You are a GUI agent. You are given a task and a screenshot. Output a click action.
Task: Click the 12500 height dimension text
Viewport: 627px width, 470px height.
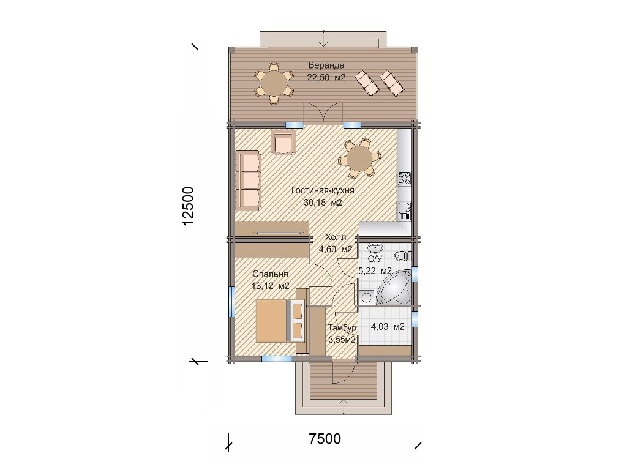pyautogui.click(x=187, y=206)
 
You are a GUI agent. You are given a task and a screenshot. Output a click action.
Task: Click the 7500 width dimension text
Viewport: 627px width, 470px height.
pyautogui.click(x=325, y=438)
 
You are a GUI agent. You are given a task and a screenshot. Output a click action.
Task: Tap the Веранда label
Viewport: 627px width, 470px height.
pyautogui.click(x=326, y=65)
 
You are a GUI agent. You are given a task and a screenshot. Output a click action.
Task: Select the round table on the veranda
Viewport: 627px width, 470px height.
pyautogui.click(x=274, y=83)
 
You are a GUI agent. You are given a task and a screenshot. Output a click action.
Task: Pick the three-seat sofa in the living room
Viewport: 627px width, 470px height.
pyautogui.click(x=248, y=180)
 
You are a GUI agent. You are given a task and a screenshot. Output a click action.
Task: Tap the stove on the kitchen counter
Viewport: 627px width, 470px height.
pyautogui.click(x=404, y=178)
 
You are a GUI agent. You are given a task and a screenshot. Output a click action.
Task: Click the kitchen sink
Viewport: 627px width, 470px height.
pyautogui.click(x=404, y=211)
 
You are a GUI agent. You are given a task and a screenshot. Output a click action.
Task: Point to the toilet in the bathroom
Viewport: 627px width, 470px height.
pyautogui.click(x=404, y=255)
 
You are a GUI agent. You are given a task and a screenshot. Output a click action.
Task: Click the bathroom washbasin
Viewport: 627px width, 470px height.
pyautogui.click(x=375, y=248)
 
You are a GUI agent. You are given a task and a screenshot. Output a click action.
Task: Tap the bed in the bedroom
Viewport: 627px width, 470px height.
pyautogui.click(x=279, y=321)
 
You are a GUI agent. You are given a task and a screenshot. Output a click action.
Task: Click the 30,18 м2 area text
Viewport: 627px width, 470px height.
pyautogui.click(x=323, y=203)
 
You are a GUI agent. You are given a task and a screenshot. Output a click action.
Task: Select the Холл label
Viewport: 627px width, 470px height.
pyautogui.click(x=335, y=237)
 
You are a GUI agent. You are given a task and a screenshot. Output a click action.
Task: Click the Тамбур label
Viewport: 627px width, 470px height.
pyautogui.click(x=342, y=328)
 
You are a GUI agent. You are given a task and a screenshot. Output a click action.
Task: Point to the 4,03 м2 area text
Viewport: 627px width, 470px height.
pyautogui.click(x=388, y=327)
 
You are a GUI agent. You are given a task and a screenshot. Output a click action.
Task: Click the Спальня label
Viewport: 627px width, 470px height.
pyautogui.click(x=270, y=275)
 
